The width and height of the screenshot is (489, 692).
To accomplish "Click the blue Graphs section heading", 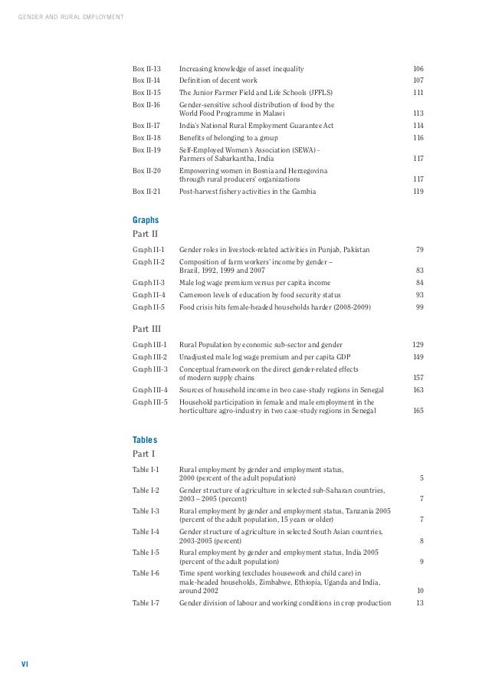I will [x=146, y=219].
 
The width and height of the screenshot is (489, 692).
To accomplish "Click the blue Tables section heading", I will [x=145, y=440].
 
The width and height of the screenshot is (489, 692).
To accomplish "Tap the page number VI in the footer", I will [x=24, y=664].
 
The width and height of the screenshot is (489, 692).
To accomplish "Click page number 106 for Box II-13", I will [x=418, y=68].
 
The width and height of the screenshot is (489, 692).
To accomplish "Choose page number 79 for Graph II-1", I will [x=419, y=250].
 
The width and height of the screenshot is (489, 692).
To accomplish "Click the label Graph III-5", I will [x=150, y=401].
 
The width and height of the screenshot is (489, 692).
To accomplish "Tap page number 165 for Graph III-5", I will [x=418, y=411].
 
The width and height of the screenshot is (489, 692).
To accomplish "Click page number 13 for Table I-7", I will [x=419, y=602].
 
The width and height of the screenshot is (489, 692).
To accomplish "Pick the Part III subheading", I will [x=146, y=329].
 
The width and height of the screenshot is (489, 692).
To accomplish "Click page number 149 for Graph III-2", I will [x=418, y=357].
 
